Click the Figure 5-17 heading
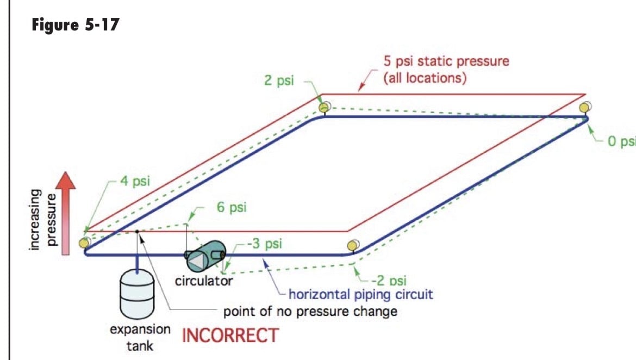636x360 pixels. click(x=76, y=25)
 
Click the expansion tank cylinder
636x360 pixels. click(x=137, y=294)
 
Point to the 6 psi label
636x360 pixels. click(x=232, y=207)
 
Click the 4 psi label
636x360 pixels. click(x=135, y=181)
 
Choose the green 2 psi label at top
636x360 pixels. click(x=279, y=80)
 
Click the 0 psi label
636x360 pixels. click(x=621, y=141)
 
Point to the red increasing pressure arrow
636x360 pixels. click(x=65, y=213)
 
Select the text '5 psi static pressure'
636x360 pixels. click(x=446, y=61)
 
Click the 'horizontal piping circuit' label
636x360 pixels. click(x=360, y=294)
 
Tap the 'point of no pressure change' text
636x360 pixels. click(x=310, y=311)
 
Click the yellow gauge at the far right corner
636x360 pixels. click(x=585, y=108)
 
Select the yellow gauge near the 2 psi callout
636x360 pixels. click(x=325, y=107)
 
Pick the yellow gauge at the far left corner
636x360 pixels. click(x=85, y=243)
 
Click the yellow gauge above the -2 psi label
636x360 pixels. click(x=353, y=246)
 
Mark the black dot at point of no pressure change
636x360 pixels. click(x=137, y=232)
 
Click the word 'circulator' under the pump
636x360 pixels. click(x=204, y=281)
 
